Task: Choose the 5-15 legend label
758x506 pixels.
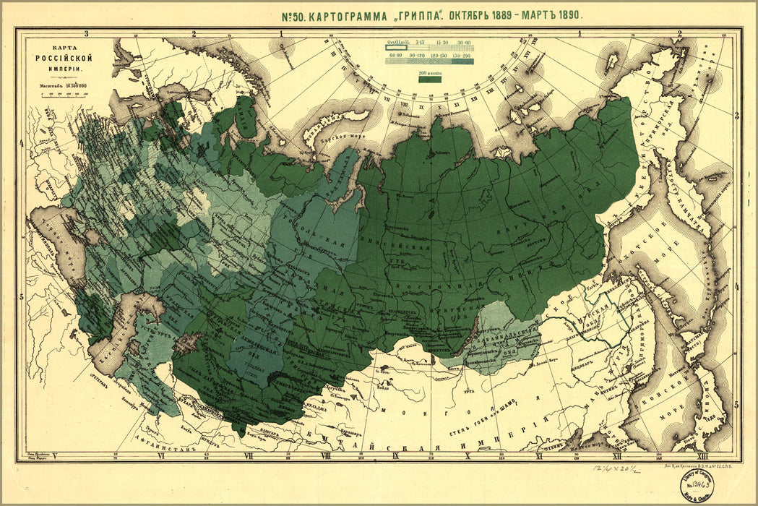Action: coord(418,43)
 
